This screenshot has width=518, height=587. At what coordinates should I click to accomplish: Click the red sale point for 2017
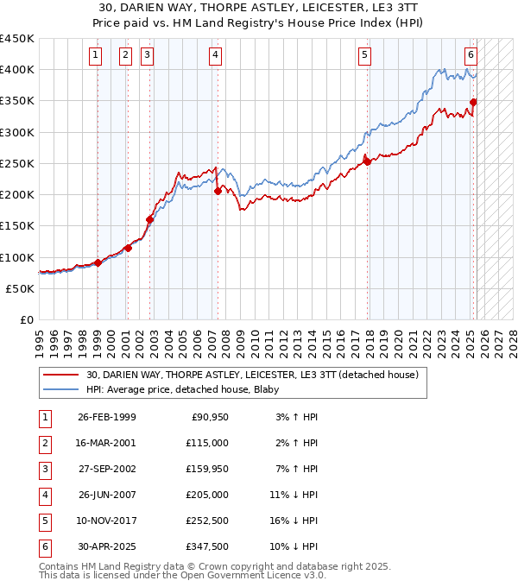tap(367, 161)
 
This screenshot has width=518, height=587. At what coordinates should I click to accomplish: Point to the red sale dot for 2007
tap(218, 191)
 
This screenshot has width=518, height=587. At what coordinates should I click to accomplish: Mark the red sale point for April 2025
tap(473, 102)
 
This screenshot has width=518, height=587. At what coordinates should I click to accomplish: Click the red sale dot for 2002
tap(149, 219)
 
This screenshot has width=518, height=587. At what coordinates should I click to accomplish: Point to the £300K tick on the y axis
tap(18, 132)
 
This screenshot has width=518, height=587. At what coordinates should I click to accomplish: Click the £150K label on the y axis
tap(18, 226)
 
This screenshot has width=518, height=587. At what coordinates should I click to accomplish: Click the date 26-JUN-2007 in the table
tap(106, 495)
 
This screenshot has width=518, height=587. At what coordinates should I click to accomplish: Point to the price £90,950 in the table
tap(207, 417)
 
